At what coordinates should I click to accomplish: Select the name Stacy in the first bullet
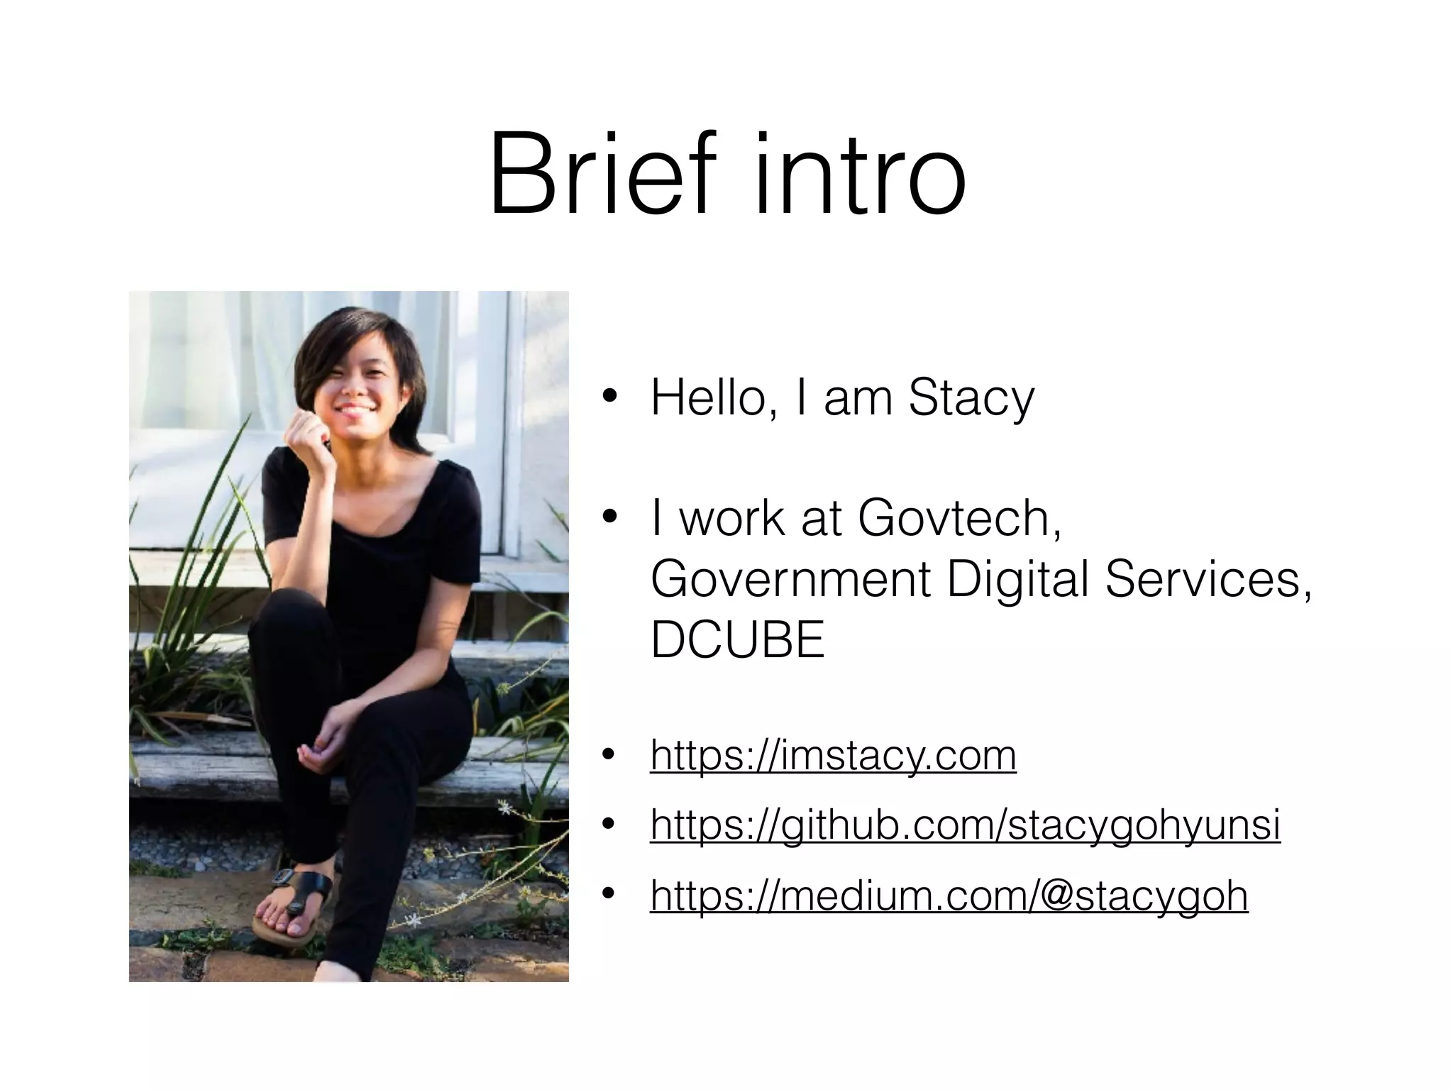pos(971,398)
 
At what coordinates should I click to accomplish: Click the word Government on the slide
pos(790,579)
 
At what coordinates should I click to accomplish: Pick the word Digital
pos(1017,579)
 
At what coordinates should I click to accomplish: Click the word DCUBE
pos(738,639)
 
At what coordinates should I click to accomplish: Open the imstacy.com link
pos(833,755)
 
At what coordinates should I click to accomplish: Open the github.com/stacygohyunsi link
pos(965,825)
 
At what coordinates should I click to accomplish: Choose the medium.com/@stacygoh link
pos(949,896)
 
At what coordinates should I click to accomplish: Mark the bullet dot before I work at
pos(608,519)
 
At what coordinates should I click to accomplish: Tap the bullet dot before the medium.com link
pos(608,896)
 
